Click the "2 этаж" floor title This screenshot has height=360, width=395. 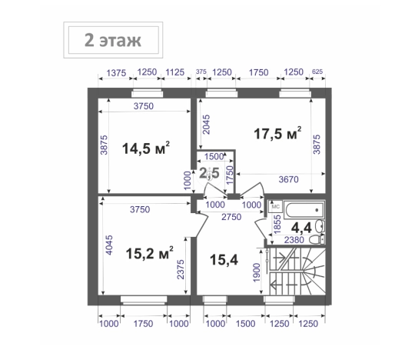113,40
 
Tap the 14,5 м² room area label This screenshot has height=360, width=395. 146,148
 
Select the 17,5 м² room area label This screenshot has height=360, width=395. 277,133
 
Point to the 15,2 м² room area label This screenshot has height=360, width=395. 149,253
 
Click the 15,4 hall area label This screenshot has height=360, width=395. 224,259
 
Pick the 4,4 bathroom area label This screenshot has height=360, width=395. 301,228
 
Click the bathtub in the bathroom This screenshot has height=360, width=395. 304,210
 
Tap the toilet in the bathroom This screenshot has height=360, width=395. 317,240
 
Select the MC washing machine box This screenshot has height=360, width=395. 275,206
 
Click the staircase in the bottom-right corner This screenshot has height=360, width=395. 297,272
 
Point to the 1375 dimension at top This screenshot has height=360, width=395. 116,73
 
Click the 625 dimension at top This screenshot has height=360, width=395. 317,72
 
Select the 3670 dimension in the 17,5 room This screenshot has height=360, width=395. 288,179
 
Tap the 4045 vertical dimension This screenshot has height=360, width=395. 109,245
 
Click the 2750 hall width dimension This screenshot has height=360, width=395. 231,217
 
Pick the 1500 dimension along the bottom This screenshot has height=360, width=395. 245,324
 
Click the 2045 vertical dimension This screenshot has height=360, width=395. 206,125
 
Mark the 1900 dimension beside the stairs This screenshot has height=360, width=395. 257,272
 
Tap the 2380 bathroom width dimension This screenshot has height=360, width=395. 294,240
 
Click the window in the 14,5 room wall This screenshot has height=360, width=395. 147,93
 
